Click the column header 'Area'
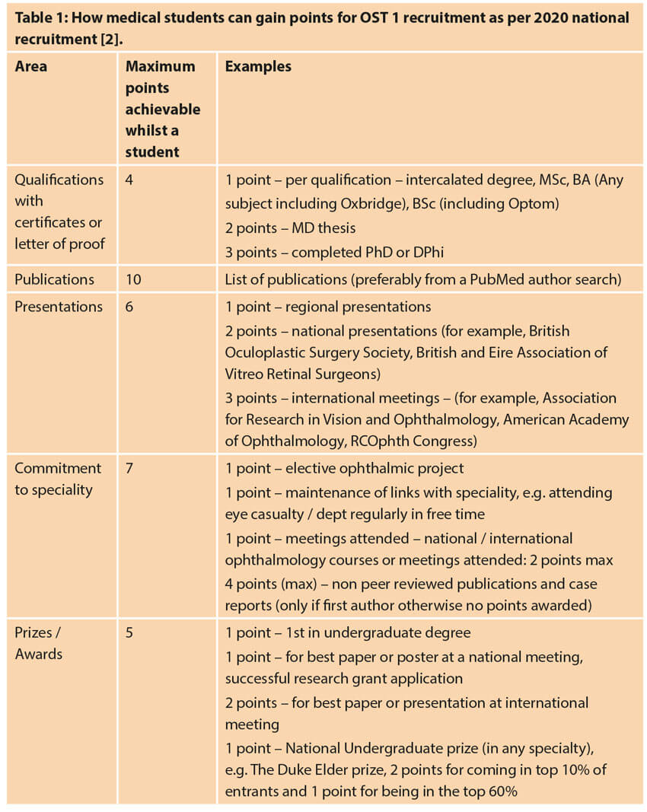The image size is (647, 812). (x=30, y=67)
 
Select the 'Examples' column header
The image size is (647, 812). (x=258, y=67)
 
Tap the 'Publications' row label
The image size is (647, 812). (x=54, y=279)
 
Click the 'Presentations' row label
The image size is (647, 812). (x=59, y=307)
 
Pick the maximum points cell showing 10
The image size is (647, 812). (x=134, y=279)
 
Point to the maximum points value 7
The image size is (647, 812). (x=129, y=468)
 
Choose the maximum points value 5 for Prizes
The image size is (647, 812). (x=129, y=632)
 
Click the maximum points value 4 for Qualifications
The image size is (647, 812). (x=129, y=180)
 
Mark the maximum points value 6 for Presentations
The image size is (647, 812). (x=129, y=307)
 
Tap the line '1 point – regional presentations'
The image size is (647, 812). (x=328, y=307)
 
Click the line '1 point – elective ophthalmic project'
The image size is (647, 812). (x=344, y=468)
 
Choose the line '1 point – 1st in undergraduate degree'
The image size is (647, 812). (x=348, y=632)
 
